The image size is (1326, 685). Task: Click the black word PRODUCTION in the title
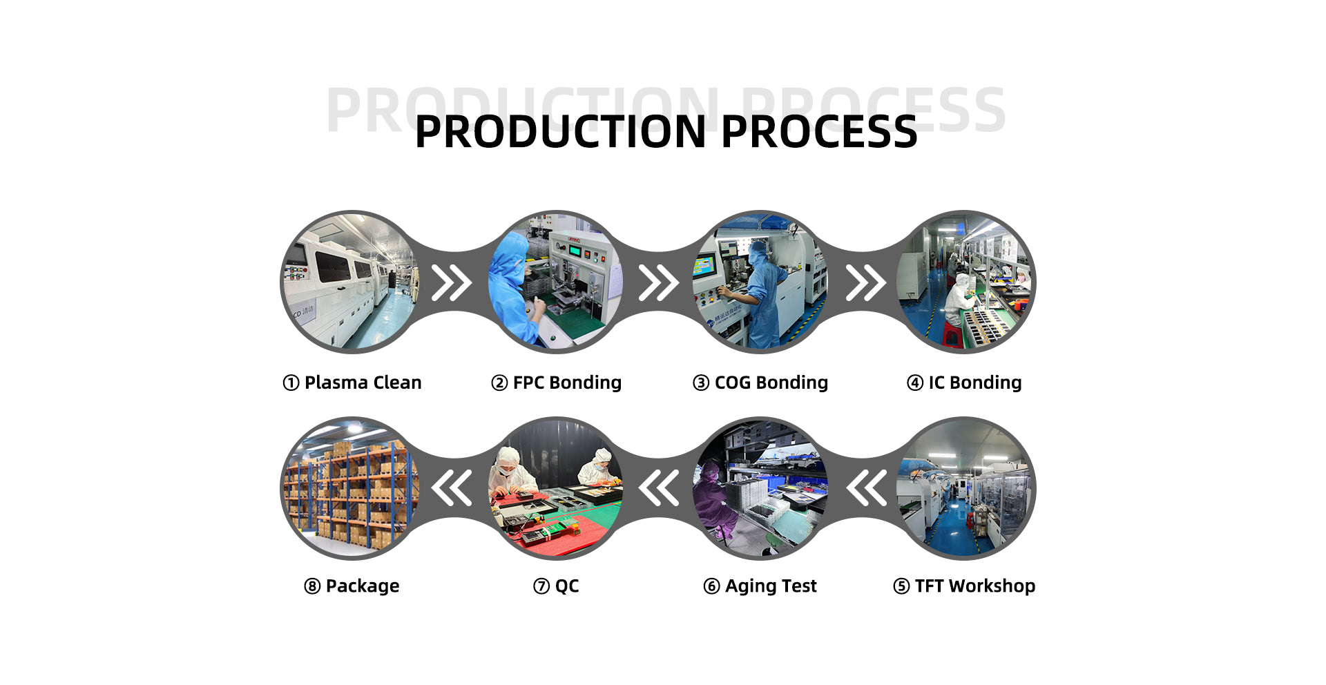click(560, 132)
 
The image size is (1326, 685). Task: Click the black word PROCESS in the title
click(819, 132)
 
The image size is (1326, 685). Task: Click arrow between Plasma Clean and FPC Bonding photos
click(452, 283)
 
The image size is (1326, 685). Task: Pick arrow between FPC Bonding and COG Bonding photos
click(658, 283)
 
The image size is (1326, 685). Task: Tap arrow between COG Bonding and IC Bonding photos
click(865, 283)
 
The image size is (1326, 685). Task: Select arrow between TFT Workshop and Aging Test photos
click(867, 488)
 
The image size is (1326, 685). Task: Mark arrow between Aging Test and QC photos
click(659, 488)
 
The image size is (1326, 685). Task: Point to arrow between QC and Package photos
click(452, 488)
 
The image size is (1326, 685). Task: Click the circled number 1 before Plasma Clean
click(291, 383)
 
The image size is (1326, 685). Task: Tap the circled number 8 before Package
click(312, 586)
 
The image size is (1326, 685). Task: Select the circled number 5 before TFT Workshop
click(901, 586)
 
